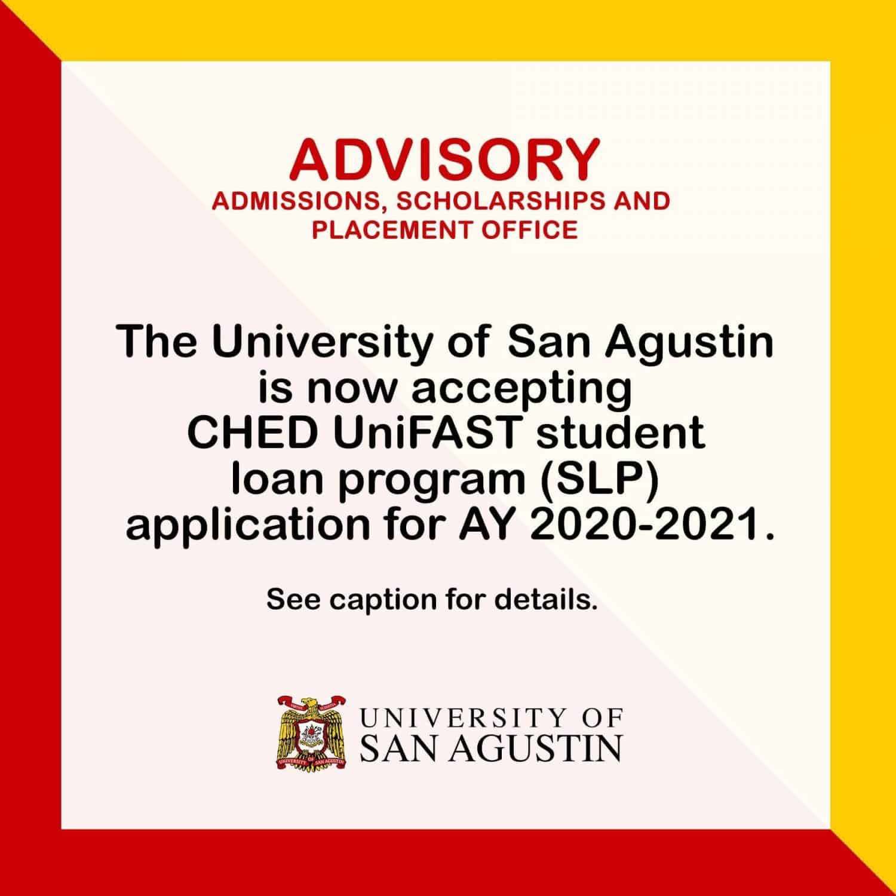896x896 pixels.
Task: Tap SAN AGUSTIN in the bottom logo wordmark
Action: click(x=491, y=747)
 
